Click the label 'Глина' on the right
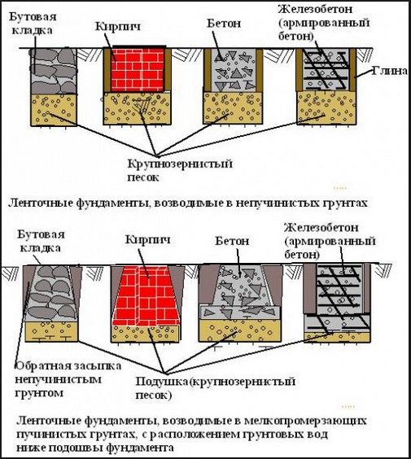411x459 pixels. click(389, 71)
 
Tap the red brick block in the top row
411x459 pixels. click(138, 70)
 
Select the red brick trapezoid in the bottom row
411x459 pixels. click(146, 295)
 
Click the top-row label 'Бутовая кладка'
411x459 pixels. click(33, 24)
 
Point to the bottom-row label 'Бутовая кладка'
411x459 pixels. click(41, 241)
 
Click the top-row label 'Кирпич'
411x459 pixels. click(118, 26)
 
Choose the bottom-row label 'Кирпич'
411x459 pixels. click(148, 240)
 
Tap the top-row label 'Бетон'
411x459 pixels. click(224, 24)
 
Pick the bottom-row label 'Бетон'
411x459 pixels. click(232, 241)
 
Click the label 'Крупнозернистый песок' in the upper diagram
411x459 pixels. click(180, 170)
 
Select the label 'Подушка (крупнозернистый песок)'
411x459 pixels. click(215, 388)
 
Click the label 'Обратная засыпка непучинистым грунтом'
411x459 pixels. click(68, 379)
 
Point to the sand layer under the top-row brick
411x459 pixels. click(137, 108)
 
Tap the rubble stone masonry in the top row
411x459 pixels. click(53, 71)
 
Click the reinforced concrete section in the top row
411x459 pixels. click(326, 70)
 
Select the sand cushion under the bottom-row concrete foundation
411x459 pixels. click(240, 330)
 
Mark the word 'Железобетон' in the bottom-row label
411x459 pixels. click(321, 228)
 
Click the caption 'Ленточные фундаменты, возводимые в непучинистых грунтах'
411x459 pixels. click(188, 203)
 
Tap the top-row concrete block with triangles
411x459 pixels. click(234, 70)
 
